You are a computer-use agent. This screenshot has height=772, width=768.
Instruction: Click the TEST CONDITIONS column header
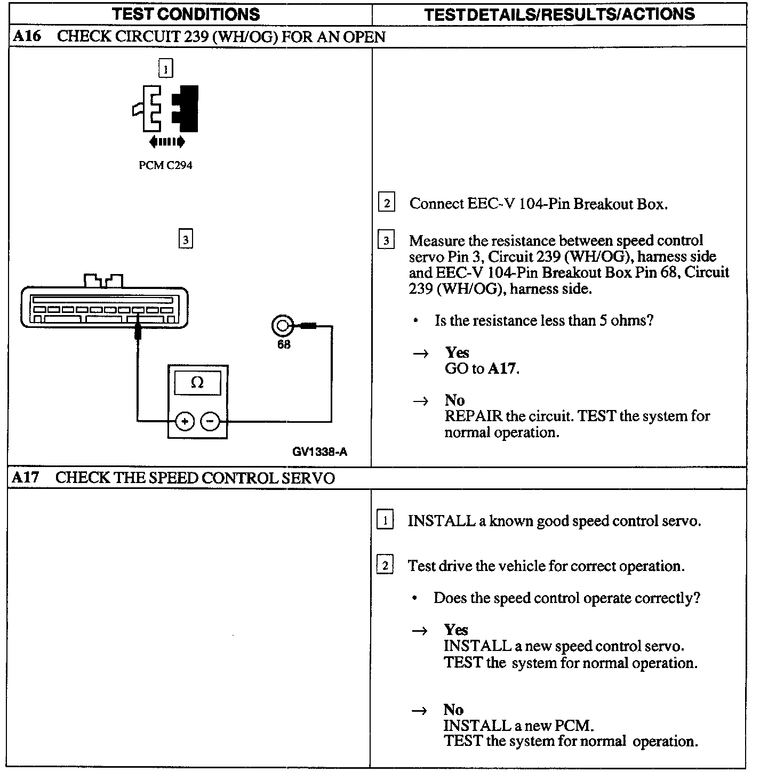point(186,14)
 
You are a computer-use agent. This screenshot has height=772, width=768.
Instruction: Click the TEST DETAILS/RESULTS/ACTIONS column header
point(559,14)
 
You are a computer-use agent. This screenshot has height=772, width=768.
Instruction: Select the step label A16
point(26,36)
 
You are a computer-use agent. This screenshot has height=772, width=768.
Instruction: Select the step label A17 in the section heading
point(26,477)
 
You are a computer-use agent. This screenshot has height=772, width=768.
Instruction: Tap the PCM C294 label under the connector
point(165,165)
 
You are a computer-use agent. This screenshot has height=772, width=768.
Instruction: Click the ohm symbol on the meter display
point(197,383)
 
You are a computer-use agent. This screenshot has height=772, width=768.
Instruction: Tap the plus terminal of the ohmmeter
point(185,422)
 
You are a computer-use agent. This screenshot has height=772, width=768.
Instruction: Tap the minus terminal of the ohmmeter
point(210,422)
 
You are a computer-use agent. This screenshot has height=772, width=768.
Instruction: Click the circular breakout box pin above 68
point(282,325)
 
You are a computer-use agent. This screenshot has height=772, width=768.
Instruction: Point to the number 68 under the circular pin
point(284,344)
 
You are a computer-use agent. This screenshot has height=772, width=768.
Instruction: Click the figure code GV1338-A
point(320,452)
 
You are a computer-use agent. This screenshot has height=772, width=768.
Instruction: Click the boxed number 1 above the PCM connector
point(166,69)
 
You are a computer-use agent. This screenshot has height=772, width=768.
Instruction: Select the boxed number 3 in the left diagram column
point(185,239)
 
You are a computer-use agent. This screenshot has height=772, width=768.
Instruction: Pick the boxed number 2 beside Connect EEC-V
point(386,203)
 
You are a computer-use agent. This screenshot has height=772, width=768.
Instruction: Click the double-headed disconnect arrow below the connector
point(167,142)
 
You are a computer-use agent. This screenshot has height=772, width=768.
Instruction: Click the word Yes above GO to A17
point(457,352)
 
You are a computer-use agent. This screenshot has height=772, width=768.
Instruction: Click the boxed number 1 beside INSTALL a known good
point(385,520)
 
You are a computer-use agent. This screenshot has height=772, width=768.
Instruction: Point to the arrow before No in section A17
point(420,710)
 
